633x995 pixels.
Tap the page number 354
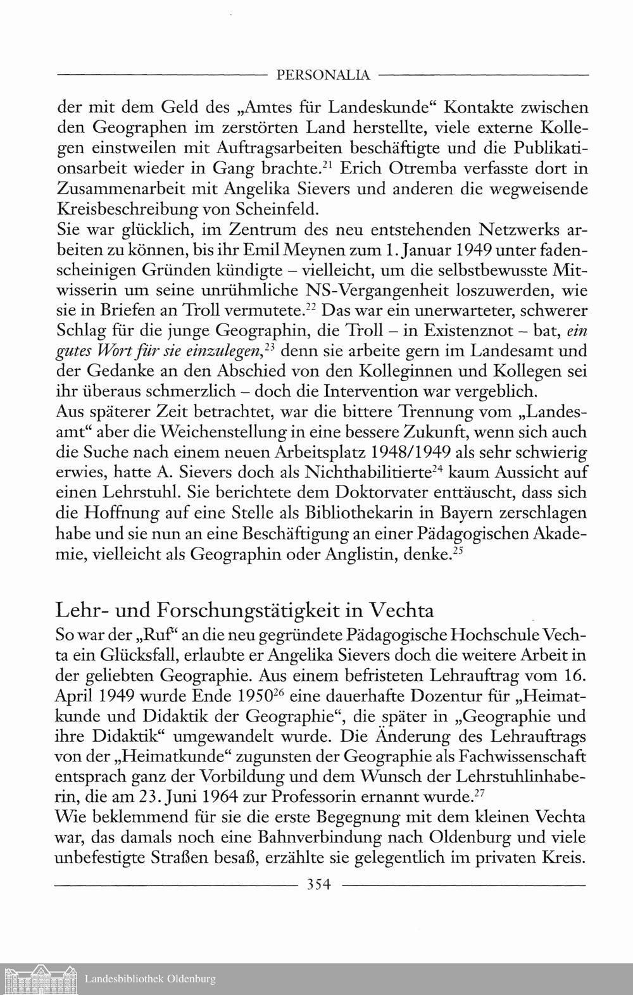[x=319, y=885]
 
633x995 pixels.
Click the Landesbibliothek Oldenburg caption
[x=150, y=979]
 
